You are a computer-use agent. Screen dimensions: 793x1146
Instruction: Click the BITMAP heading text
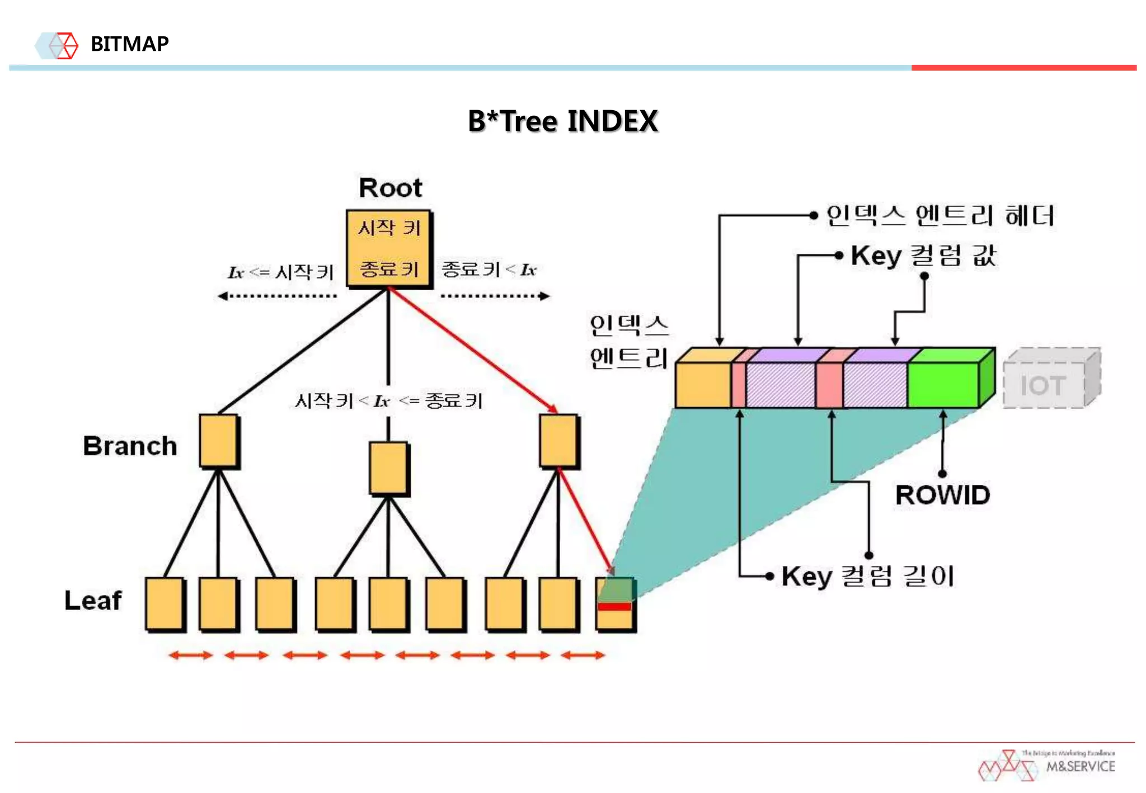129,44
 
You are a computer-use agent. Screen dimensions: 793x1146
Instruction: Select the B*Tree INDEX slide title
562,121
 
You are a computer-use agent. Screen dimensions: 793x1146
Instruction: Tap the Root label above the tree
390,188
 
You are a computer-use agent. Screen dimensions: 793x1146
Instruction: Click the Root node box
388,249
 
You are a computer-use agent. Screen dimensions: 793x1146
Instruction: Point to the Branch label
130,446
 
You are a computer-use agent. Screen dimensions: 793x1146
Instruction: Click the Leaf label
93,601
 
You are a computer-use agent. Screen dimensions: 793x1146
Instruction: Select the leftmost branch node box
219,440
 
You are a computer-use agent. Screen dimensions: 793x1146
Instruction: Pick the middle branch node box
388,468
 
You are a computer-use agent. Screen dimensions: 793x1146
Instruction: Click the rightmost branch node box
558,440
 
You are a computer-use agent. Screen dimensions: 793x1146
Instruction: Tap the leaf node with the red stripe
615,604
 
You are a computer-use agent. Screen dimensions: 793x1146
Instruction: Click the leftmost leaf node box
165,604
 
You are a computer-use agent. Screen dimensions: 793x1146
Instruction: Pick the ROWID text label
942,495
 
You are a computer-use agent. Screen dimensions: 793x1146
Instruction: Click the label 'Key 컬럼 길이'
867,577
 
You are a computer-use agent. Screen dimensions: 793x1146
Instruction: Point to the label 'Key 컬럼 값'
923,256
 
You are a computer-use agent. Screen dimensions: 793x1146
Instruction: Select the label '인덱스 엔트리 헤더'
940,216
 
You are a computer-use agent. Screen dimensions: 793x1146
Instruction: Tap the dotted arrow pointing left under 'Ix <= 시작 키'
278,296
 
